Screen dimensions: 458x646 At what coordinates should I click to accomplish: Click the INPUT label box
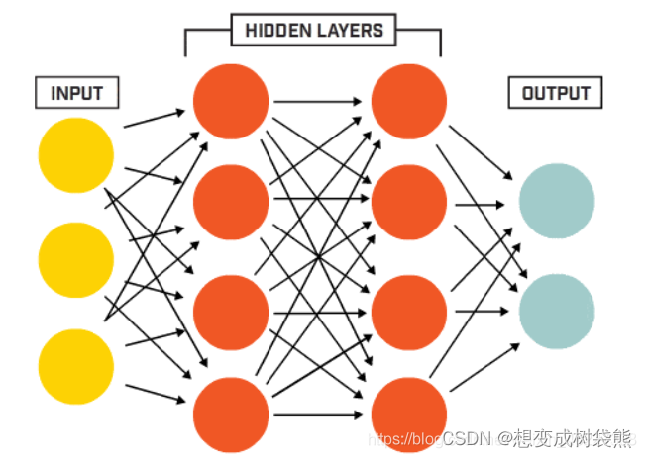tap(76, 94)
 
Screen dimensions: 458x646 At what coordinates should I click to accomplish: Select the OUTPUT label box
tap(556, 94)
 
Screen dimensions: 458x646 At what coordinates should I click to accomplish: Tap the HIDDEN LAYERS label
tap(313, 31)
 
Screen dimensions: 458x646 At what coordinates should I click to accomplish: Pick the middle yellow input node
tap(76, 260)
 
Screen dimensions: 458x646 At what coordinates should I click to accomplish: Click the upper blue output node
tap(556, 202)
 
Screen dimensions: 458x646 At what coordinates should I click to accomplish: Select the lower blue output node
tap(556, 310)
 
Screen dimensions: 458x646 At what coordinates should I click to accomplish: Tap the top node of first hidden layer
tap(231, 100)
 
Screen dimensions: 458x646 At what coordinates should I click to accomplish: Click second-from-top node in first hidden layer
tap(231, 202)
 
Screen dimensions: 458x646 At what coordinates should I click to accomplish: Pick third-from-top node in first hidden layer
tap(231, 311)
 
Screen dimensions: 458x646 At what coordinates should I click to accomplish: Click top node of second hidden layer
tap(409, 100)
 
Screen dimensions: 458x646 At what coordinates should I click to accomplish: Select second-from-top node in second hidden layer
tap(409, 202)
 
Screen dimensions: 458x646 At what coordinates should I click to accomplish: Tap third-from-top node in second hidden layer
tap(409, 311)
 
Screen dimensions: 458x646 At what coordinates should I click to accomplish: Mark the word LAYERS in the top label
tap(351, 31)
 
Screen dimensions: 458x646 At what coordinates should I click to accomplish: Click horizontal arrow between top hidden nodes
tap(319, 100)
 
